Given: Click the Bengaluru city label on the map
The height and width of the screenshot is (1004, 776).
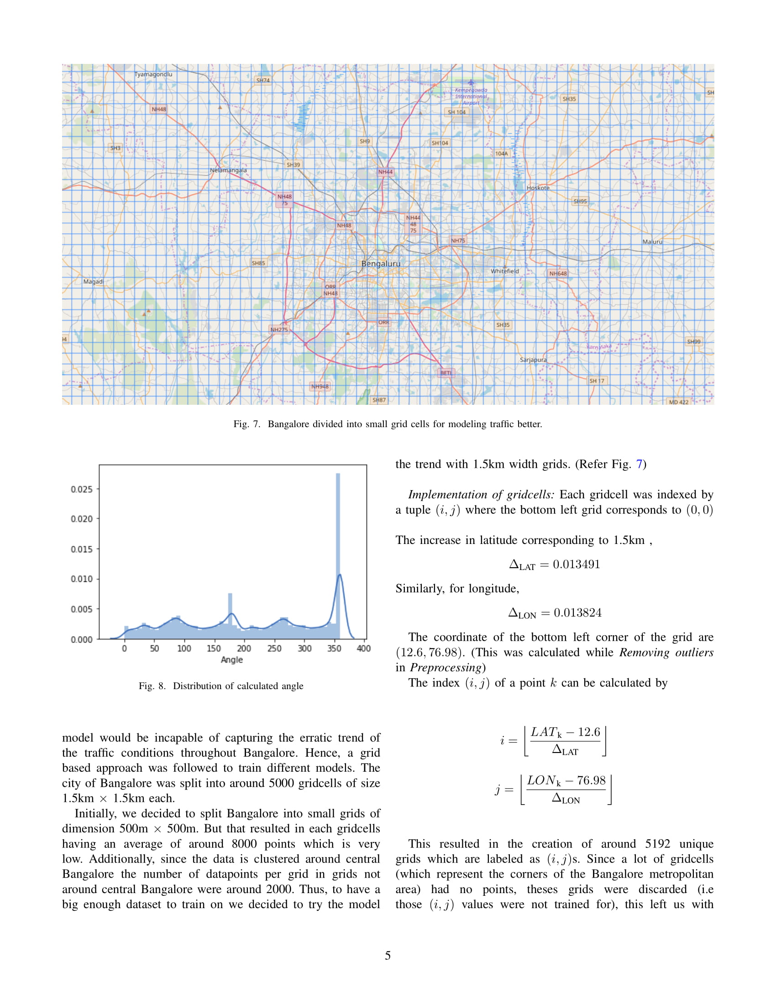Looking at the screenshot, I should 381,263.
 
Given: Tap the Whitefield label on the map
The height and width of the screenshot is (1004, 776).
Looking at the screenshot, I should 504,271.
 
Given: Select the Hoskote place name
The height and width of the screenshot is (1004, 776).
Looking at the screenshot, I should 538,188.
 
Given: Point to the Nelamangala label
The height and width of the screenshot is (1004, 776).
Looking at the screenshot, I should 228,170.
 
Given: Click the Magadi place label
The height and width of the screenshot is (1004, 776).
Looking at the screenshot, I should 93,281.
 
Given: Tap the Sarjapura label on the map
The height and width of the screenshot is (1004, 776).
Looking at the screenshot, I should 533,360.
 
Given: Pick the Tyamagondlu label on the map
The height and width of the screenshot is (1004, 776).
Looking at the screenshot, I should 153,74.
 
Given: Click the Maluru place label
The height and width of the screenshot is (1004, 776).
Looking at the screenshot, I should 652,241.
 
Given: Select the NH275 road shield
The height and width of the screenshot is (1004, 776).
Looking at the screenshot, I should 278,329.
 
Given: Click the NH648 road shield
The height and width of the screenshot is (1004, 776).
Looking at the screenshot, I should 558,273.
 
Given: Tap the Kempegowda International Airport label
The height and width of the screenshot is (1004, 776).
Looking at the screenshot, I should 471,96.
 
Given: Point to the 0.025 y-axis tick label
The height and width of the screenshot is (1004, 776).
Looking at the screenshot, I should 81,489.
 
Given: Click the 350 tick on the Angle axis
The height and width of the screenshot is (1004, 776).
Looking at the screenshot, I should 334,648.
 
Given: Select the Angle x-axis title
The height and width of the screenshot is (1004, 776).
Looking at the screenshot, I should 232,660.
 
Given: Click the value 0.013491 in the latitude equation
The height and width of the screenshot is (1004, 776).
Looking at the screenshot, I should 577,564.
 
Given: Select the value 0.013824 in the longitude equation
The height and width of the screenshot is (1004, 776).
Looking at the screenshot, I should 577,613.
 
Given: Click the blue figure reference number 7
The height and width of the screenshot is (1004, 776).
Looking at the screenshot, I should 639,464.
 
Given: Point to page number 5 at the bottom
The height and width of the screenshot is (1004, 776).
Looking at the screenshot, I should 388,956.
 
